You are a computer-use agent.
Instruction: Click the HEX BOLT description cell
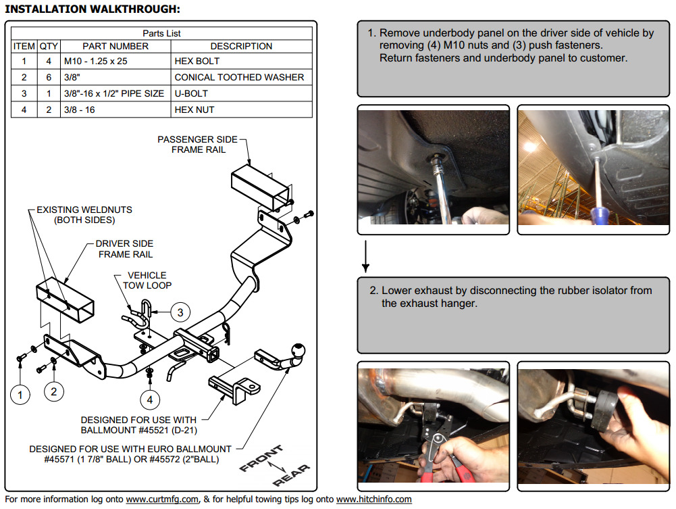[242, 62]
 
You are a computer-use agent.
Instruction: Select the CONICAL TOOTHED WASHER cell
[242, 77]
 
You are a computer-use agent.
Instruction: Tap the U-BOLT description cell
[242, 93]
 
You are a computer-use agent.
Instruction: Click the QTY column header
[49, 46]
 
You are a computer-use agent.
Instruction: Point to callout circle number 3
[180, 312]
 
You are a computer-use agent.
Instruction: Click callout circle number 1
[20, 395]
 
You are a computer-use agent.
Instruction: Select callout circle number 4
[150, 400]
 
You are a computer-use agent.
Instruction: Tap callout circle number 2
[53, 391]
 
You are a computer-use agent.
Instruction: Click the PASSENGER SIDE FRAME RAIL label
[198, 145]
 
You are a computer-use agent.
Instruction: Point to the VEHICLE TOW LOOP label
[147, 281]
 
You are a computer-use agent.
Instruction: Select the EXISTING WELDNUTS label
[84, 215]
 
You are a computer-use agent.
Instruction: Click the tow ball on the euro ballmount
[298, 350]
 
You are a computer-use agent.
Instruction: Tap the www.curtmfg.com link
[162, 500]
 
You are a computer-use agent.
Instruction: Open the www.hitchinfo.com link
[373, 500]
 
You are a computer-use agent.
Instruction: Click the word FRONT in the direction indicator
[261, 458]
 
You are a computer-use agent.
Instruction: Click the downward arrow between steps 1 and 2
[365, 256]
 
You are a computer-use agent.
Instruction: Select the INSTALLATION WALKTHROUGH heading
[93, 9]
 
